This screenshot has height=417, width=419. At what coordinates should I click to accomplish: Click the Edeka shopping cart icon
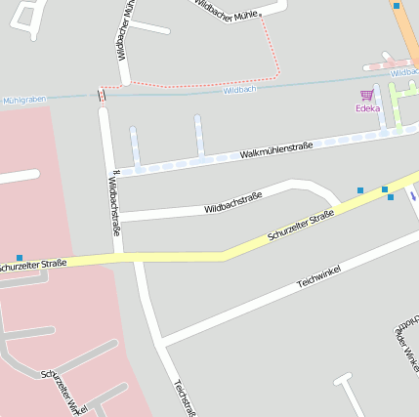(367, 95)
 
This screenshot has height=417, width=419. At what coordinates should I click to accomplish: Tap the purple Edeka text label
(367, 108)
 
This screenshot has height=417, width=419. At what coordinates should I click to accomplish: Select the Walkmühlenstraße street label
(276, 149)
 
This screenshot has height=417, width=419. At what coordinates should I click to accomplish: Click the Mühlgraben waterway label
(23, 100)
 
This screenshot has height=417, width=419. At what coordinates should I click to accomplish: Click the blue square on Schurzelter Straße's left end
(20, 257)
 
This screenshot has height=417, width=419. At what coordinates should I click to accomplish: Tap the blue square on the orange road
(397, 6)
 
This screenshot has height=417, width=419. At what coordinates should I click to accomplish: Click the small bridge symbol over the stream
(102, 94)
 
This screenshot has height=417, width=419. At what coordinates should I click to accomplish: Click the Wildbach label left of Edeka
(239, 90)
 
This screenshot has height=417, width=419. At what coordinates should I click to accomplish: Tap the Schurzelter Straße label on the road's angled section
(302, 226)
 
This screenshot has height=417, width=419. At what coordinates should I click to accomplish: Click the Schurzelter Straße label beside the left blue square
(33, 265)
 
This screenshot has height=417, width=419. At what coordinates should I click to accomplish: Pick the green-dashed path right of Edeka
(396, 104)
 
